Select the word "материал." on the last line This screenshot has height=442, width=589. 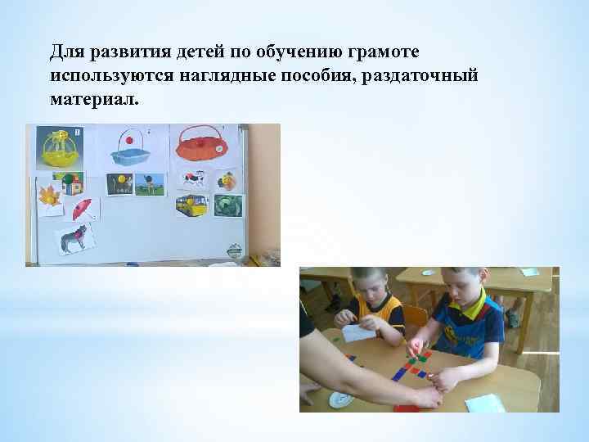click(95, 99)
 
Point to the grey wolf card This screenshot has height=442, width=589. click(74, 241)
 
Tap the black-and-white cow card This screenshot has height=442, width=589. click(193, 178)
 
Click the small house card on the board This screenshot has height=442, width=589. click(79, 185)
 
